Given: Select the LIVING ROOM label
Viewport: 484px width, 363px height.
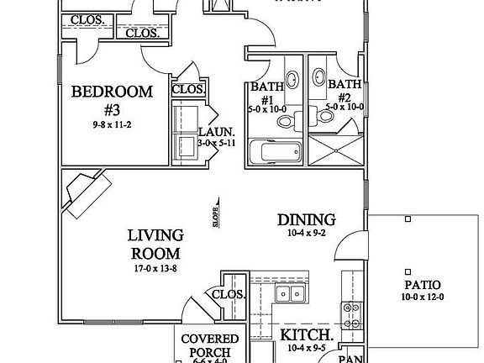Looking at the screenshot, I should (x=155, y=244).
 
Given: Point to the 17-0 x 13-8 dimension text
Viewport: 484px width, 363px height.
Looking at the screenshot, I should (x=155, y=269).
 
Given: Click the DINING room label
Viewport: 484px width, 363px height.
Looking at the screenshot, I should (x=307, y=220).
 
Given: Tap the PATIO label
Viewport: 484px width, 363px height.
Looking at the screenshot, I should (x=420, y=285).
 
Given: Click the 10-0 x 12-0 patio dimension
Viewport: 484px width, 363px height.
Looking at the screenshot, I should (x=420, y=297).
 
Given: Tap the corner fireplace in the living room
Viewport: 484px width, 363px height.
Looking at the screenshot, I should (x=85, y=194).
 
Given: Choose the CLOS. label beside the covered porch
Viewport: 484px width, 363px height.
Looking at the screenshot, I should (x=228, y=295).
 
